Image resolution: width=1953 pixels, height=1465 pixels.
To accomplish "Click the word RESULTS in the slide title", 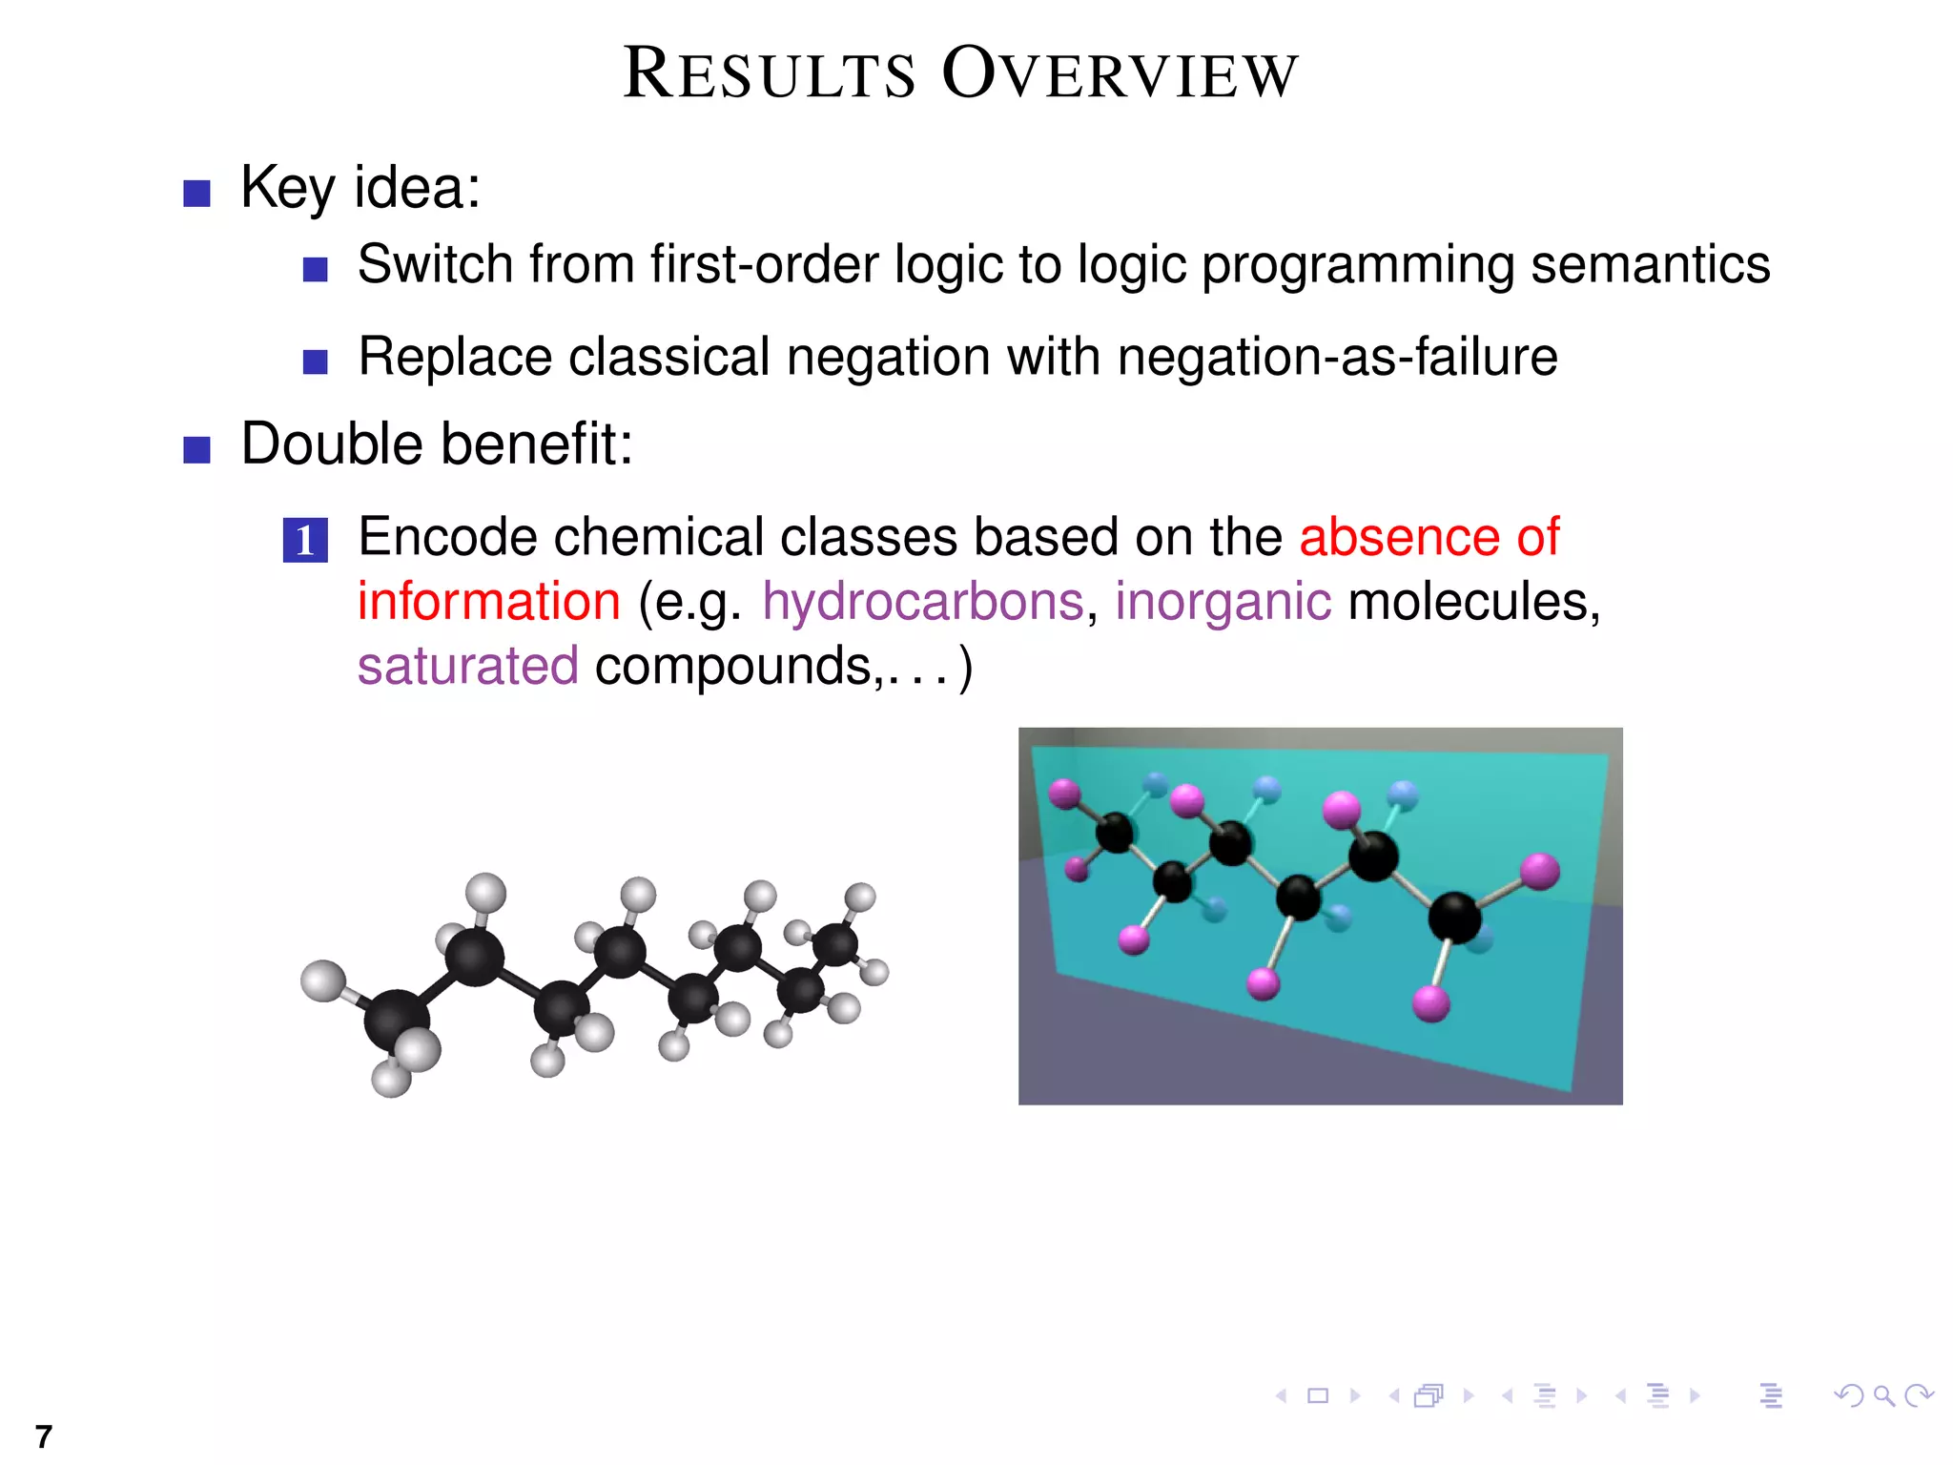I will (769, 74).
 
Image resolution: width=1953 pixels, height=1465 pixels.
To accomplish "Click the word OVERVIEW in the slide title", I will (1120, 74).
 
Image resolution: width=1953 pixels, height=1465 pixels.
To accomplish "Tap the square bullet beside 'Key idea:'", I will (196, 194).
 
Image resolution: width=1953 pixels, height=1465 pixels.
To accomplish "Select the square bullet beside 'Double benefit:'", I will (196, 449).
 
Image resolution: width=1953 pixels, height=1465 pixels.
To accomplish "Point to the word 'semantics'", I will (1650, 264).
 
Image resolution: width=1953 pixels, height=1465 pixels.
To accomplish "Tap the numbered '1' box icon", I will (305, 540).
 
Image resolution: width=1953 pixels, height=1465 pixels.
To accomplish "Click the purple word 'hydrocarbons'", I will (923, 602).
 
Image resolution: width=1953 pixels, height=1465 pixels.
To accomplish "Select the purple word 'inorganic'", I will (1223, 602).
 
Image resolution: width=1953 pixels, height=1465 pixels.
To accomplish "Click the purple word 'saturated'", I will (467, 666).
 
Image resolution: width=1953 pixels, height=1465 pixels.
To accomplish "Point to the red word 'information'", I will (489, 602).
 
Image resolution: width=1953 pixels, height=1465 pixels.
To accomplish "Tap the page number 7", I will (43, 1436).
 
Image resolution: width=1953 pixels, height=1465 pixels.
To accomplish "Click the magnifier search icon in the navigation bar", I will (1883, 1396).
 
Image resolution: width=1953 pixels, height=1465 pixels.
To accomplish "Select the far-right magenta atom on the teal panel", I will (1539, 871).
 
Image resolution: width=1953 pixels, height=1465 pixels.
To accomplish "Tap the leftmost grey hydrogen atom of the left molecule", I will (322, 980).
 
